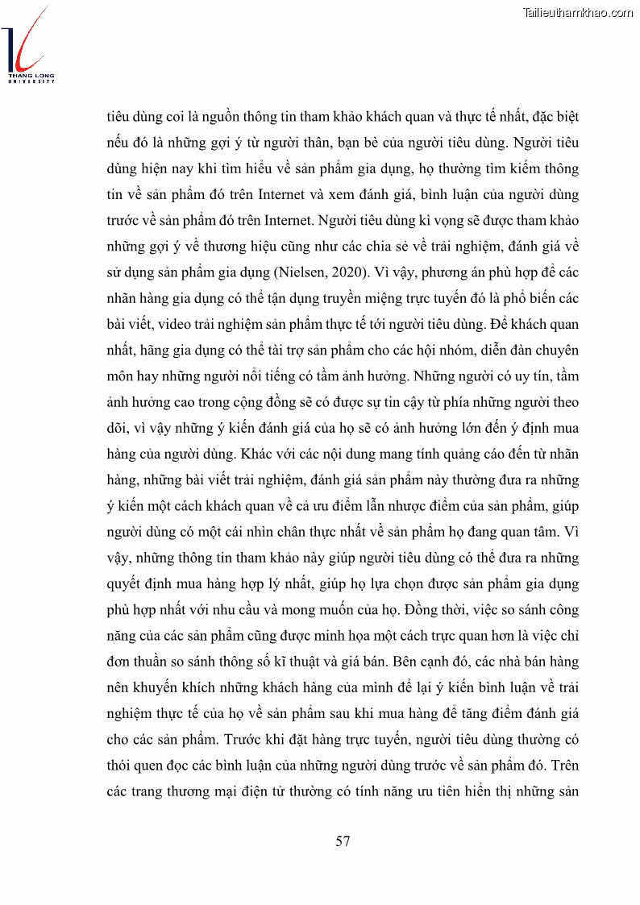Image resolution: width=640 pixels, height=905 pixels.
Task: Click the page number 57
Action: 343,841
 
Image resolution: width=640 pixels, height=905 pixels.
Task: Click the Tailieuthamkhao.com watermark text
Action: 578,12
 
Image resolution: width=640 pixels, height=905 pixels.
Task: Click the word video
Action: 177,324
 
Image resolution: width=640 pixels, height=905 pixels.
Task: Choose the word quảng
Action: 435,454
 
